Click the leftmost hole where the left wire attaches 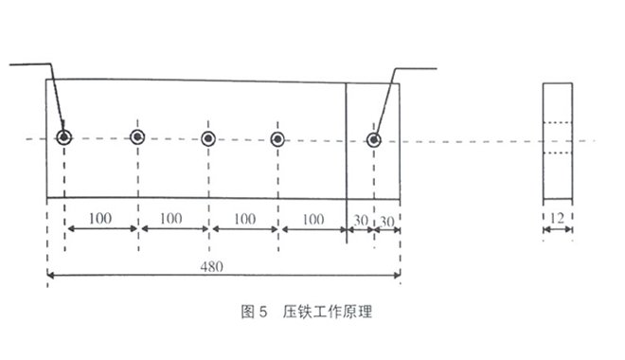63,137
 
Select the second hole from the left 137,137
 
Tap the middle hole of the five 207,138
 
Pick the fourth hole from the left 277,138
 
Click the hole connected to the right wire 374,140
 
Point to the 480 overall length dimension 211,266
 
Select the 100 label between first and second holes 100,218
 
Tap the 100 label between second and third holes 171,218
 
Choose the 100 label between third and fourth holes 243,218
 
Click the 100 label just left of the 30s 312,218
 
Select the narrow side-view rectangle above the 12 558,142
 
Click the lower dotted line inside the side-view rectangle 558,152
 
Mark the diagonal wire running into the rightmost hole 385,104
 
